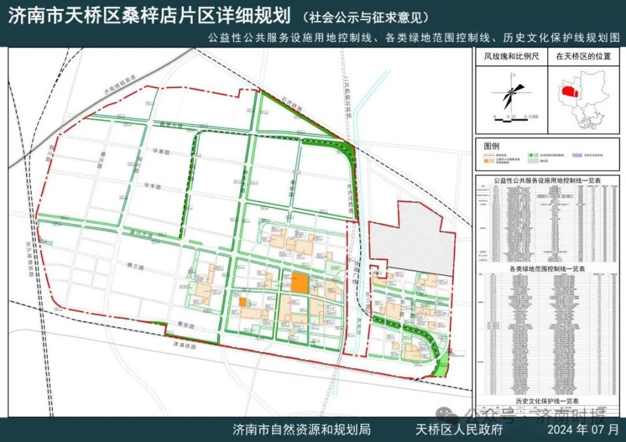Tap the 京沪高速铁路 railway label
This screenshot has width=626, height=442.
pyautogui.click(x=31, y=248)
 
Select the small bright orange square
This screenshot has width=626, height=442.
pyautogui.click(x=243, y=302)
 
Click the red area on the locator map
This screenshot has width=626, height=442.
pyautogui.click(x=570, y=92)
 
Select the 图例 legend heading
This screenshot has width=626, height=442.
pyautogui.click(x=492, y=145)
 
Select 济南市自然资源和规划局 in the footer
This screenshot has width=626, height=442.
pyautogui.click(x=301, y=430)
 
